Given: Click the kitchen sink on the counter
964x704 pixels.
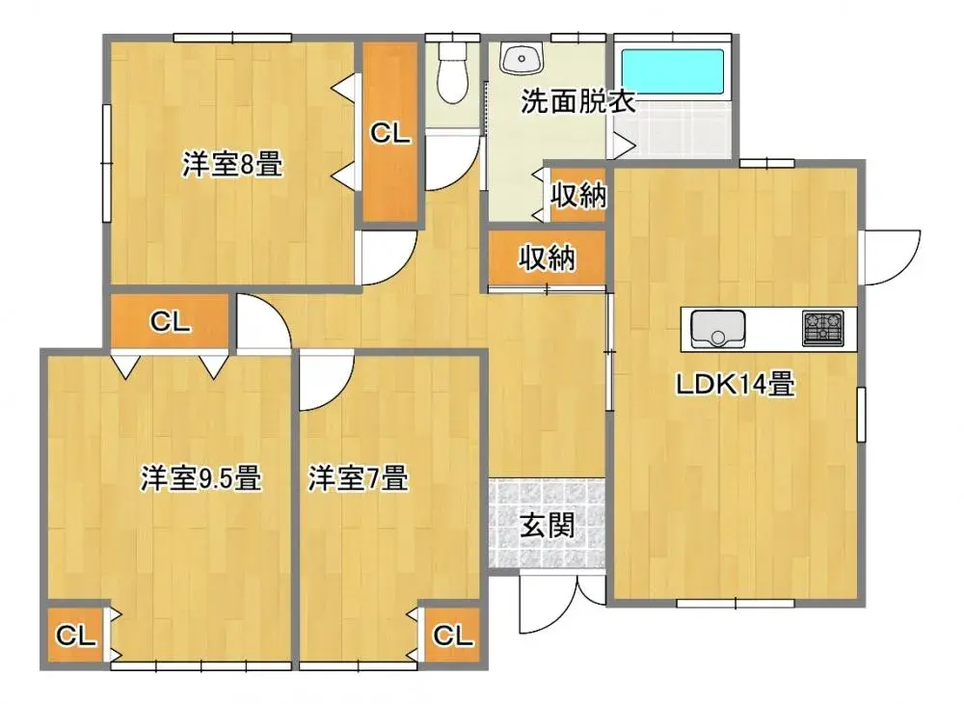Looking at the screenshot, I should coord(717,329).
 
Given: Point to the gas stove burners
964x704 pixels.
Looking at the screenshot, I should coord(823,328).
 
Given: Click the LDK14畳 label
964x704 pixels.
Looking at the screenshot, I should coord(736,386).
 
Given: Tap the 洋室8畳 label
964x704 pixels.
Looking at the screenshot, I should coord(232,165).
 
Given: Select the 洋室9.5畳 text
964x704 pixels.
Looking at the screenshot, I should coord(201,478).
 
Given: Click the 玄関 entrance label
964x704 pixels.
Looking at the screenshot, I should coord(548,526).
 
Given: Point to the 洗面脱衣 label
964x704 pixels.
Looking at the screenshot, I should coord(578,102).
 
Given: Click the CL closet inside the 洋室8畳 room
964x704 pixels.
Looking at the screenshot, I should coord(390,133).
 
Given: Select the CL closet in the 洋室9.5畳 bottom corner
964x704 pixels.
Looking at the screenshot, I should coord(75,636).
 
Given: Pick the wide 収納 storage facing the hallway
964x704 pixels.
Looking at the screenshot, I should coord(548,258).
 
